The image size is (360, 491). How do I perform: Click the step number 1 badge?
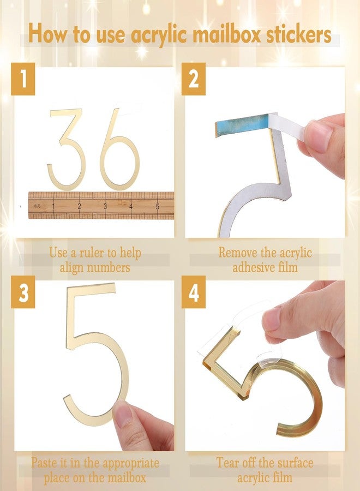pyautogui.click(x=23, y=79)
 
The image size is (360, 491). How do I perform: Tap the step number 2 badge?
pyautogui.click(x=194, y=79)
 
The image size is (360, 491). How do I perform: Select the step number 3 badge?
pyautogui.click(x=23, y=292)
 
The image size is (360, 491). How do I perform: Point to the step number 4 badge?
pyautogui.click(x=194, y=292)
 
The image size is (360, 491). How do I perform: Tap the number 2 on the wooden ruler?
pyautogui.click(x=79, y=206)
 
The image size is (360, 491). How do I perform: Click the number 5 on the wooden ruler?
pyautogui.click(x=158, y=206)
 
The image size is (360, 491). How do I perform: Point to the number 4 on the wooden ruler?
pyautogui.click(x=131, y=206)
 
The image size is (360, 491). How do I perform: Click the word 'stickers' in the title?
pyautogui.click(x=299, y=34)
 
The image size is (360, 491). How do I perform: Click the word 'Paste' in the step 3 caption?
pyautogui.click(x=44, y=463)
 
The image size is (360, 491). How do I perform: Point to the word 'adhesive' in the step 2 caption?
pyautogui.click(x=253, y=267)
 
